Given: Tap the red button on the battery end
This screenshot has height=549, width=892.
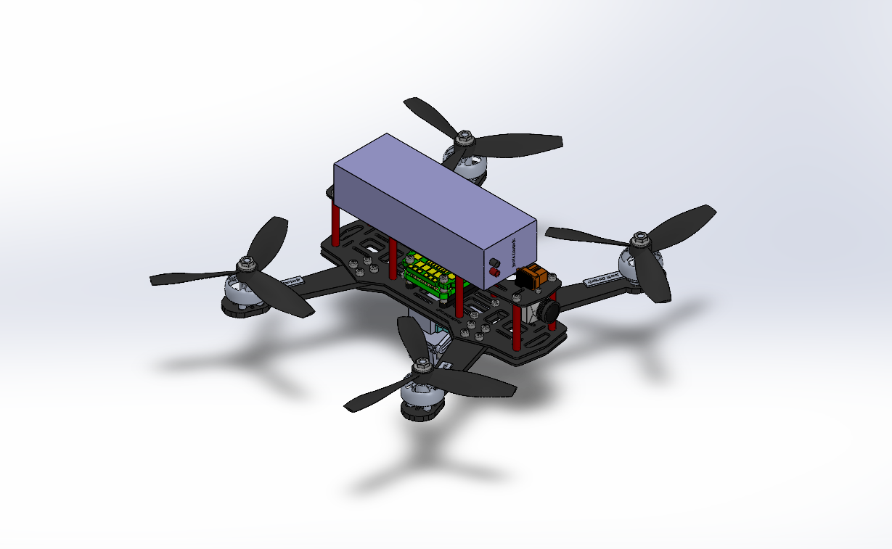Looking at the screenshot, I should click(x=496, y=272).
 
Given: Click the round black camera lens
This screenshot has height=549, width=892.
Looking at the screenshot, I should click(x=548, y=310).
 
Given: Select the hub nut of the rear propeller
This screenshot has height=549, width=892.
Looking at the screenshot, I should click(x=463, y=135).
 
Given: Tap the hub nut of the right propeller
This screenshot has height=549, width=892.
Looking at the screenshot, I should click(x=639, y=237).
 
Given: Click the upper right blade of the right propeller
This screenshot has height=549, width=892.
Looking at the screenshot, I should click(x=686, y=218).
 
